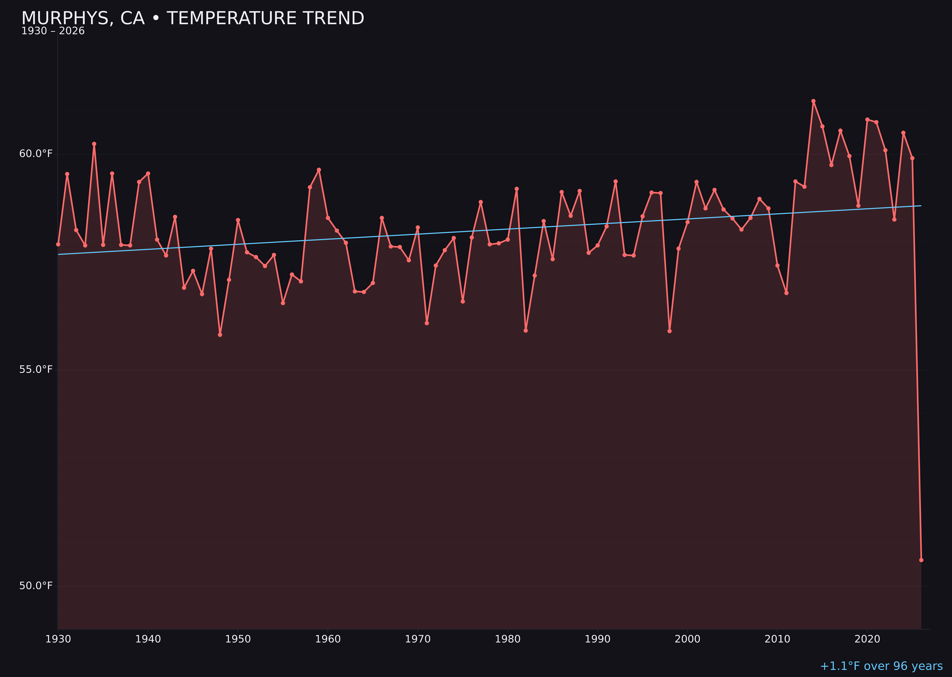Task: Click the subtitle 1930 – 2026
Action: coord(53,31)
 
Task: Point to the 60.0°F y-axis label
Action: coord(36,154)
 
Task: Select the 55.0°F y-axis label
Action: coord(36,370)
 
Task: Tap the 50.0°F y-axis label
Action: coord(36,586)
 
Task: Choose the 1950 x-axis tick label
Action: coord(238,639)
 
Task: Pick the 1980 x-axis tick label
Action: coord(508,639)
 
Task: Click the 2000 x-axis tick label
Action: coord(687,639)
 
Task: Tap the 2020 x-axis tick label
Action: coord(867,639)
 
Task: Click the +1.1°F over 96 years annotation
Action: coord(881,666)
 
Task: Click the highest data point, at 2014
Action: coord(813,101)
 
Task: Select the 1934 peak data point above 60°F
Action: coord(94,144)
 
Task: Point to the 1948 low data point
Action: coord(220,335)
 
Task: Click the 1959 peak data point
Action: coord(319,170)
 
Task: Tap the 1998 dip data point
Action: coord(669,331)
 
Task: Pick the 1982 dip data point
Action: coord(526,331)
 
